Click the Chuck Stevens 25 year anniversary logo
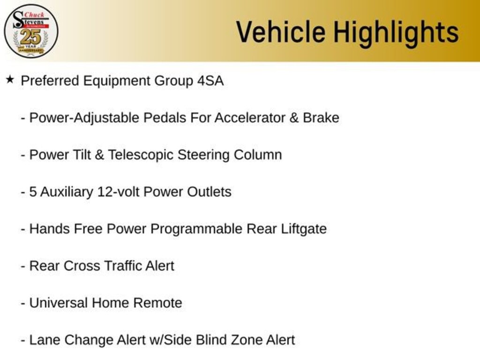(x=31, y=31)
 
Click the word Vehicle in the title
(x=281, y=31)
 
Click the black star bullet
(x=10, y=80)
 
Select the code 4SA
(x=210, y=81)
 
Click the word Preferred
(x=50, y=81)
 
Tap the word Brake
(x=321, y=118)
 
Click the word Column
(x=258, y=155)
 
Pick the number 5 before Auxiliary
(x=33, y=192)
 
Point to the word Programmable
(x=196, y=229)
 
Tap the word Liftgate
(x=304, y=229)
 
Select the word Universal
(x=58, y=303)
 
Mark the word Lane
(x=45, y=340)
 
